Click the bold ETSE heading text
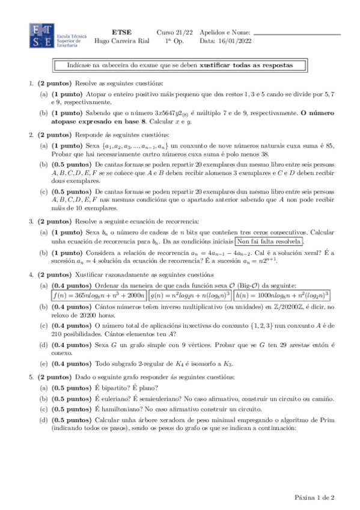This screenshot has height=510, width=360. click(x=123, y=32)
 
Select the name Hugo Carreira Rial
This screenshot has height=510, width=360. click(x=123, y=41)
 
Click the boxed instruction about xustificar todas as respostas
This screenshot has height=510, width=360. click(x=180, y=64)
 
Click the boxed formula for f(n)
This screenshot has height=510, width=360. click(x=98, y=295)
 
